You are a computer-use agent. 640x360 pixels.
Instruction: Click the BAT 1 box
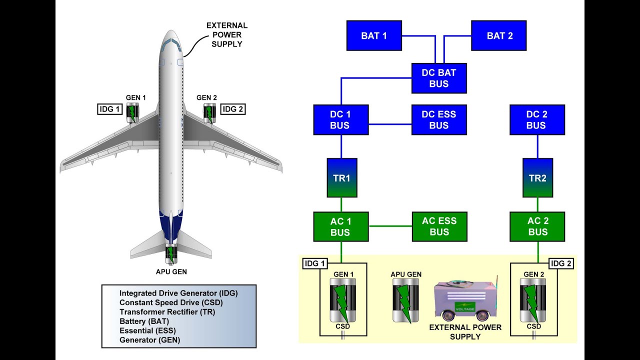pyautogui.click(x=374, y=35)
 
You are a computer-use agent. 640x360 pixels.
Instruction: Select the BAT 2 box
pyautogui.click(x=498, y=35)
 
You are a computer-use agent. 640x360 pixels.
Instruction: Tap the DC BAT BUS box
pyautogui.click(x=439, y=78)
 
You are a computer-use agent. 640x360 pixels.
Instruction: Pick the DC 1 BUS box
pyautogui.click(x=341, y=120)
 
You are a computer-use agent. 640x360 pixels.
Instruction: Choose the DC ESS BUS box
pyautogui.click(x=439, y=120)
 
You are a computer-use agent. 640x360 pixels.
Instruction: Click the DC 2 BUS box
pyautogui.click(x=537, y=120)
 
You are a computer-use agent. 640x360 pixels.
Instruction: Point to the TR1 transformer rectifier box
pyautogui.click(x=341, y=178)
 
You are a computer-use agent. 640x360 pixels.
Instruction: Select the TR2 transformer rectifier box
pyautogui.click(x=537, y=178)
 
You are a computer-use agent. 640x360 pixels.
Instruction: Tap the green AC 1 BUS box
pyautogui.click(x=341, y=226)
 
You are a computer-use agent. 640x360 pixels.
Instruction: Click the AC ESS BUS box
pyautogui.click(x=439, y=226)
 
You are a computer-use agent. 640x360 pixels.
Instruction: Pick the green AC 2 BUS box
pyautogui.click(x=537, y=226)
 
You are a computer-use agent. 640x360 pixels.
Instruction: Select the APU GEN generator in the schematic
pyautogui.click(x=405, y=300)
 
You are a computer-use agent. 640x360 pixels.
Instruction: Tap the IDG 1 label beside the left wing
pyautogui.click(x=109, y=109)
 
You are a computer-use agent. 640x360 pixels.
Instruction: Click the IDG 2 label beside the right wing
pyautogui.click(x=233, y=109)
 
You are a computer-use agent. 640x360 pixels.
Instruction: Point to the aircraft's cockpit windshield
pyautogui.click(x=171, y=42)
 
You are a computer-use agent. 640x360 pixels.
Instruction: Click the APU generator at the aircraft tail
pyautogui.click(x=171, y=254)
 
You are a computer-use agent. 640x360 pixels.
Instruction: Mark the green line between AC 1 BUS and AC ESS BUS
pyautogui.click(x=390, y=226)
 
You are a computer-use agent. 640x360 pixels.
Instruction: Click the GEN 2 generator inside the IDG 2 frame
pyautogui.click(x=533, y=300)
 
